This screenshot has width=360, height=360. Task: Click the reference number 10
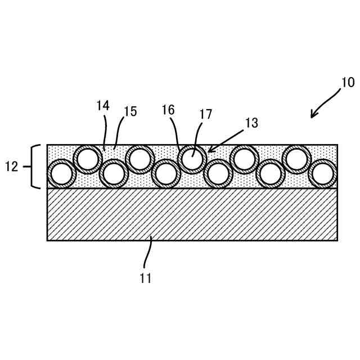click(x=348, y=83)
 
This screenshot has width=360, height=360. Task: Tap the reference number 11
click(x=145, y=278)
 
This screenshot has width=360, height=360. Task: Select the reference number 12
click(x=12, y=166)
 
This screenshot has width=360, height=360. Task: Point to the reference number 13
click(x=251, y=124)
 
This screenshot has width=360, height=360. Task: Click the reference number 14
click(x=102, y=106)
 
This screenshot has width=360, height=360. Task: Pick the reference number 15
click(x=130, y=112)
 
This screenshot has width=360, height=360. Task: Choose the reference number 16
click(x=168, y=110)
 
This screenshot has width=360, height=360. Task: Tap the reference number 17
click(x=205, y=115)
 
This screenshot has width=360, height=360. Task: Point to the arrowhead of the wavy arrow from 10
click(x=313, y=116)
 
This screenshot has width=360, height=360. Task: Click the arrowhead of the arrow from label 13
click(x=210, y=150)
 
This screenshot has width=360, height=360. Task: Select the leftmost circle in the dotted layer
click(x=61, y=174)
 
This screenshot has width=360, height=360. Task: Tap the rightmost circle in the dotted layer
click(x=323, y=174)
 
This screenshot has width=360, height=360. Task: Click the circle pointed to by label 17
click(x=192, y=159)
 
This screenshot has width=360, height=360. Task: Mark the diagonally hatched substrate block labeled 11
click(x=192, y=214)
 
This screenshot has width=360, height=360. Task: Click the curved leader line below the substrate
click(x=147, y=253)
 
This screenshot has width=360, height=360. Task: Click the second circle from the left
click(x=88, y=159)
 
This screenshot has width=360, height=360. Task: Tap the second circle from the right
click(x=296, y=159)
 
